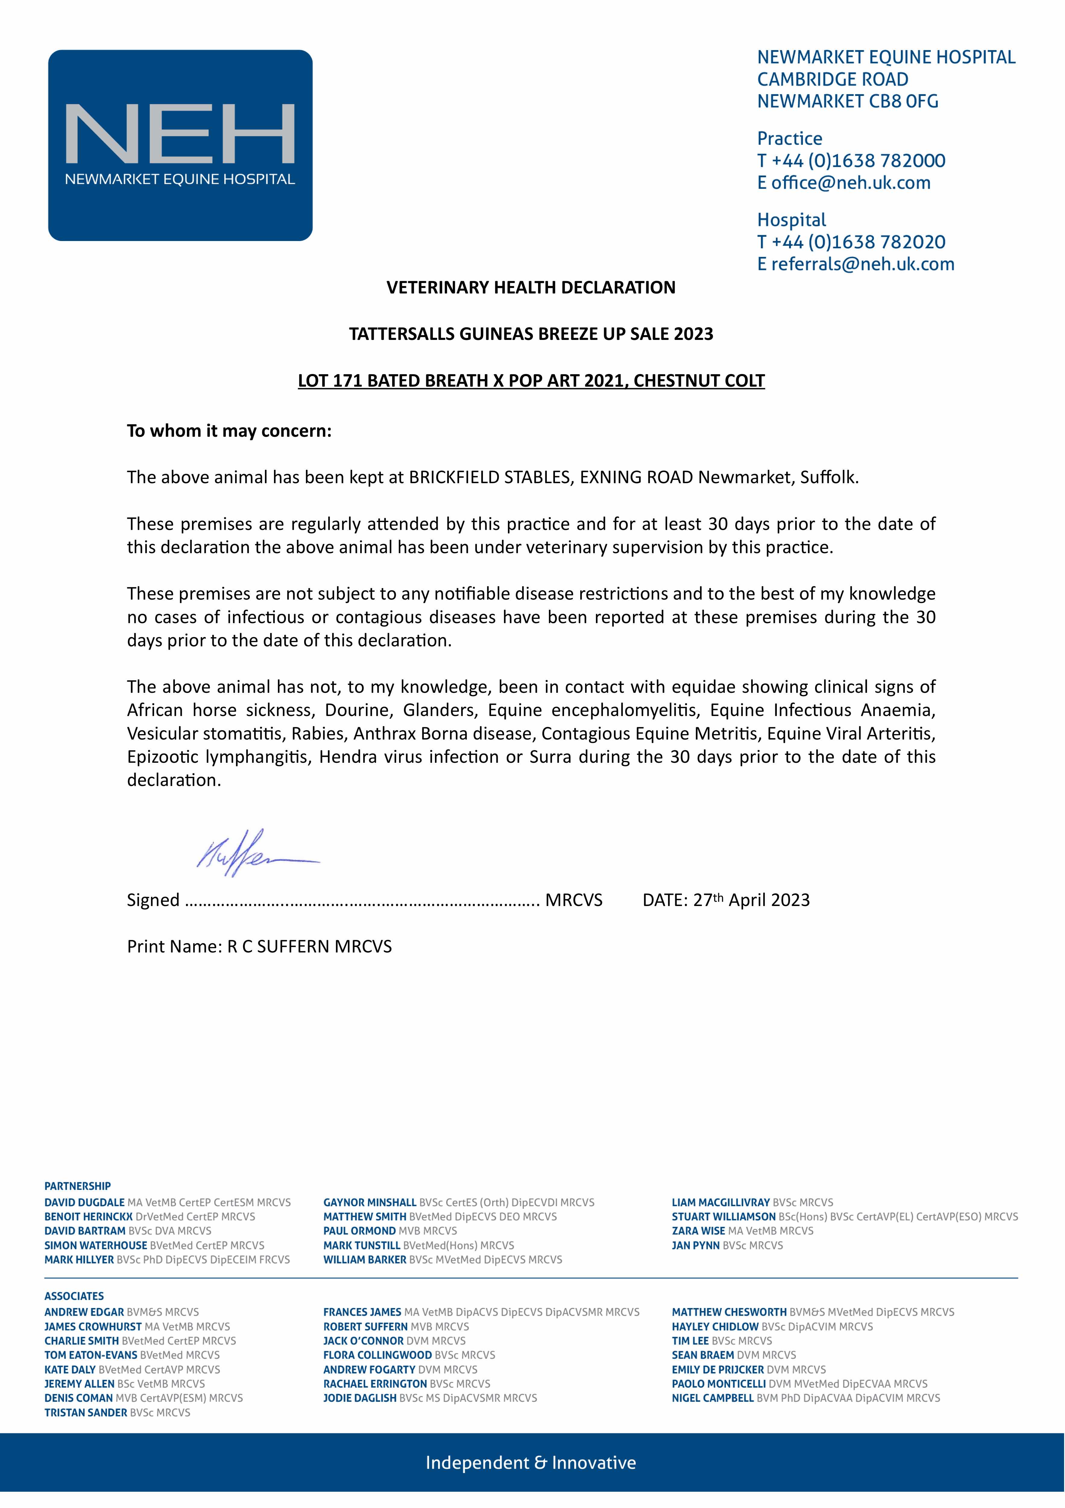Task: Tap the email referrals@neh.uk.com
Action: click(x=863, y=265)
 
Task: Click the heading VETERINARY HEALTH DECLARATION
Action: click(x=531, y=288)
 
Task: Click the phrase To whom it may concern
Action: click(x=229, y=432)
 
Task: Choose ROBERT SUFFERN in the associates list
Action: click(x=365, y=1327)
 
